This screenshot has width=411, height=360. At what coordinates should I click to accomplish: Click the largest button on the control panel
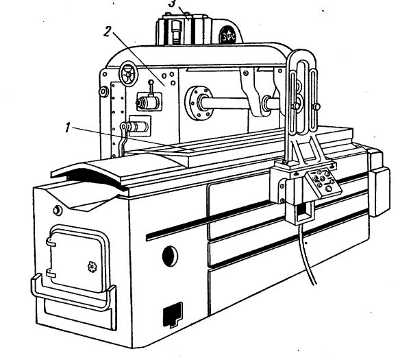coord(329,187)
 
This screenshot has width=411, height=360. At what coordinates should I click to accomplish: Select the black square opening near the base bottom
coord(171,315)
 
